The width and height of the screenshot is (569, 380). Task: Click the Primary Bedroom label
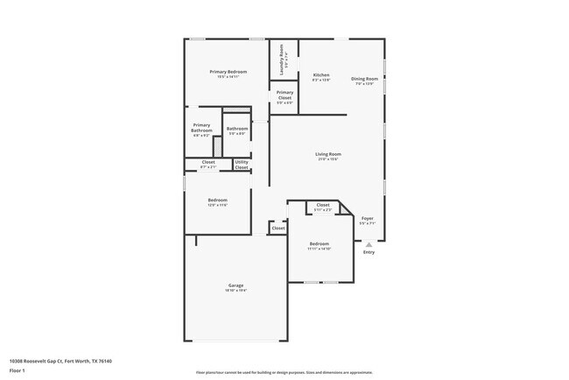tap(227, 71)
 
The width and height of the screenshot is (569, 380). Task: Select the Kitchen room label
tap(321, 75)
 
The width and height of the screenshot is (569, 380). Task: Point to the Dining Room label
tap(364, 79)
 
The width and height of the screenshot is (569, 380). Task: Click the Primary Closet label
tap(284, 93)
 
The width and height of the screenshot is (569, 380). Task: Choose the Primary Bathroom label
tap(201, 127)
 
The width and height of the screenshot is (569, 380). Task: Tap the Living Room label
tap(327, 154)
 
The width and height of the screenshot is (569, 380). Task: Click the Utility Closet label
tap(242, 164)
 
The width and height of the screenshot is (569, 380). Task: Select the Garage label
tap(235, 285)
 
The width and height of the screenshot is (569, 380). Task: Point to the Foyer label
tap(368, 218)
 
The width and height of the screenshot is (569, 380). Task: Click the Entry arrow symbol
tap(369, 244)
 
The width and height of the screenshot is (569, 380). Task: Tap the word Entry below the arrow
tap(369, 253)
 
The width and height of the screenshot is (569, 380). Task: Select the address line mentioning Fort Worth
tap(60, 361)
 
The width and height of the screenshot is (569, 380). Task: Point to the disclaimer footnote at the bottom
tap(284, 372)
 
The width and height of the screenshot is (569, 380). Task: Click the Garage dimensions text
tap(235, 291)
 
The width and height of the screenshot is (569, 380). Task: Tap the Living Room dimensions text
tap(327, 159)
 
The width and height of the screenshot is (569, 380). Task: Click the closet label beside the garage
tap(277, 228)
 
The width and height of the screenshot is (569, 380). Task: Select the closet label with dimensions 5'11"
tap(323, 205)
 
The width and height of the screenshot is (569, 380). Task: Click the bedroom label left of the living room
tap(217, 201)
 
